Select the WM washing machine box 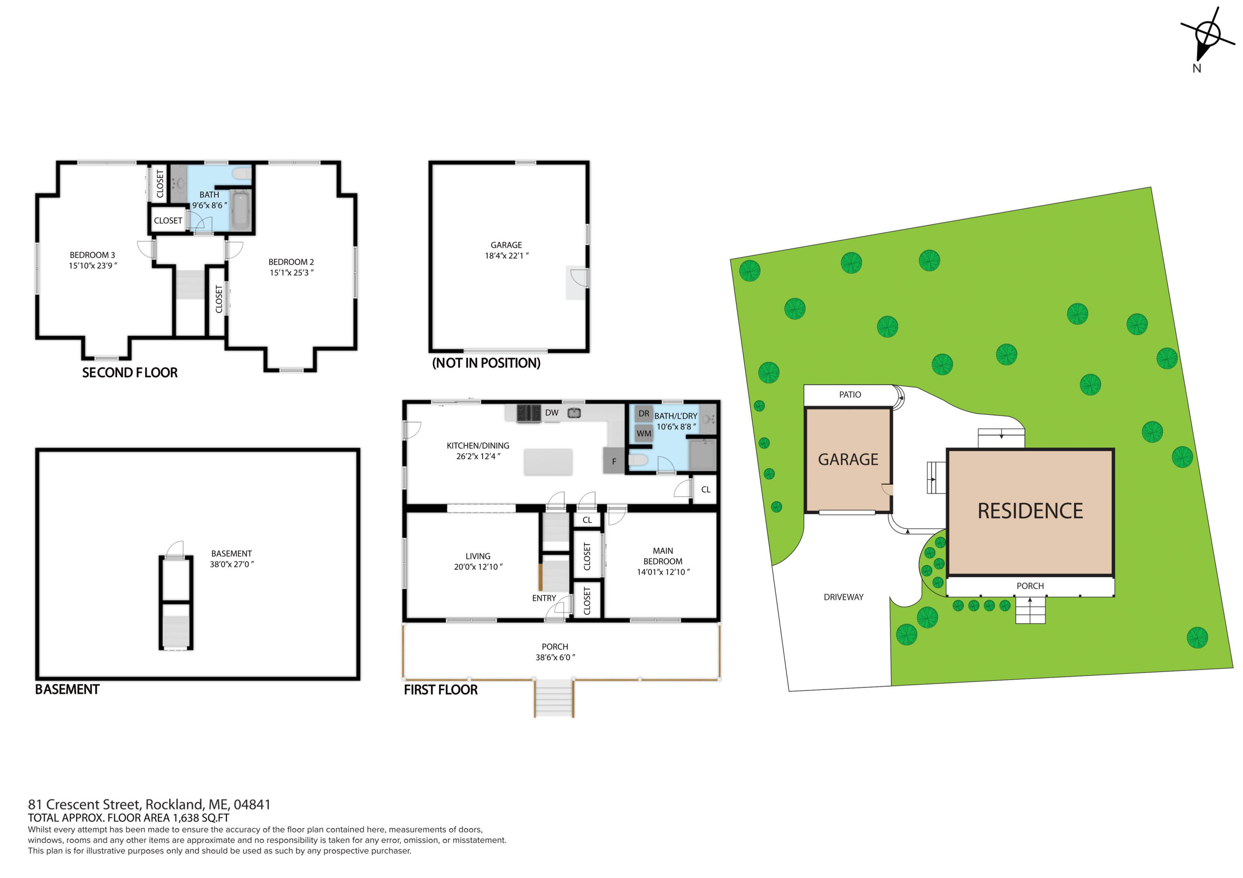coord(644,433)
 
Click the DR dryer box coord(644,414)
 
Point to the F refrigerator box coord(614,461)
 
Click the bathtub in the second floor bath coord(241,210)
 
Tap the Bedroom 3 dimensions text coord(92,266)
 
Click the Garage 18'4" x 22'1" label coord(506,250)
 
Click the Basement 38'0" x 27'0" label coord(232,559)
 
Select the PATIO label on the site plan coord(849,394)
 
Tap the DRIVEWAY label coord(843,597)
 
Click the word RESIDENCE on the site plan coord(1030,511)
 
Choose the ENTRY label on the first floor coord(544,598)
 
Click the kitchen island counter coord(548,462)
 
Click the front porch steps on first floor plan coord(553,698)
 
